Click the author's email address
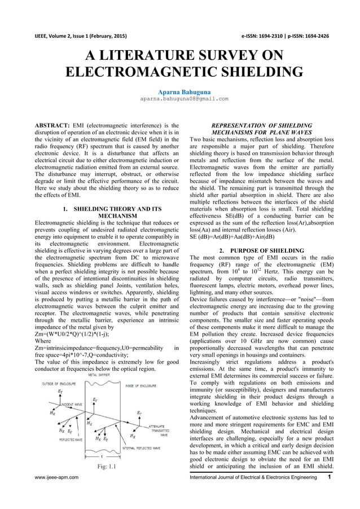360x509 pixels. tap(180, 98)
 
